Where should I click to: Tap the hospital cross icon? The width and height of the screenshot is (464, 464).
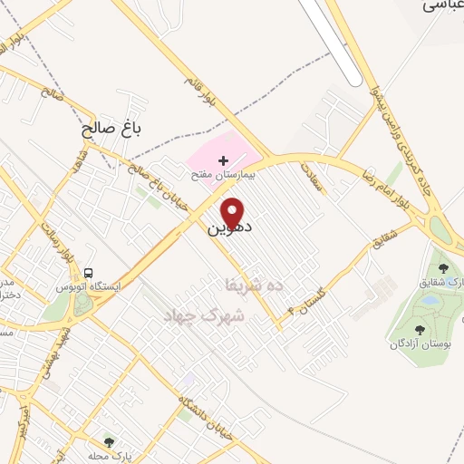223,159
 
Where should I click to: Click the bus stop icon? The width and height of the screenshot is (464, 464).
89,272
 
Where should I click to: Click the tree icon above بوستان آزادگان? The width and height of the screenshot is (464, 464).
420,329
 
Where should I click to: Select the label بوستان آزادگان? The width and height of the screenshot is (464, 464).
420,343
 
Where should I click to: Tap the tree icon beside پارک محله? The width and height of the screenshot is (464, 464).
109,442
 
